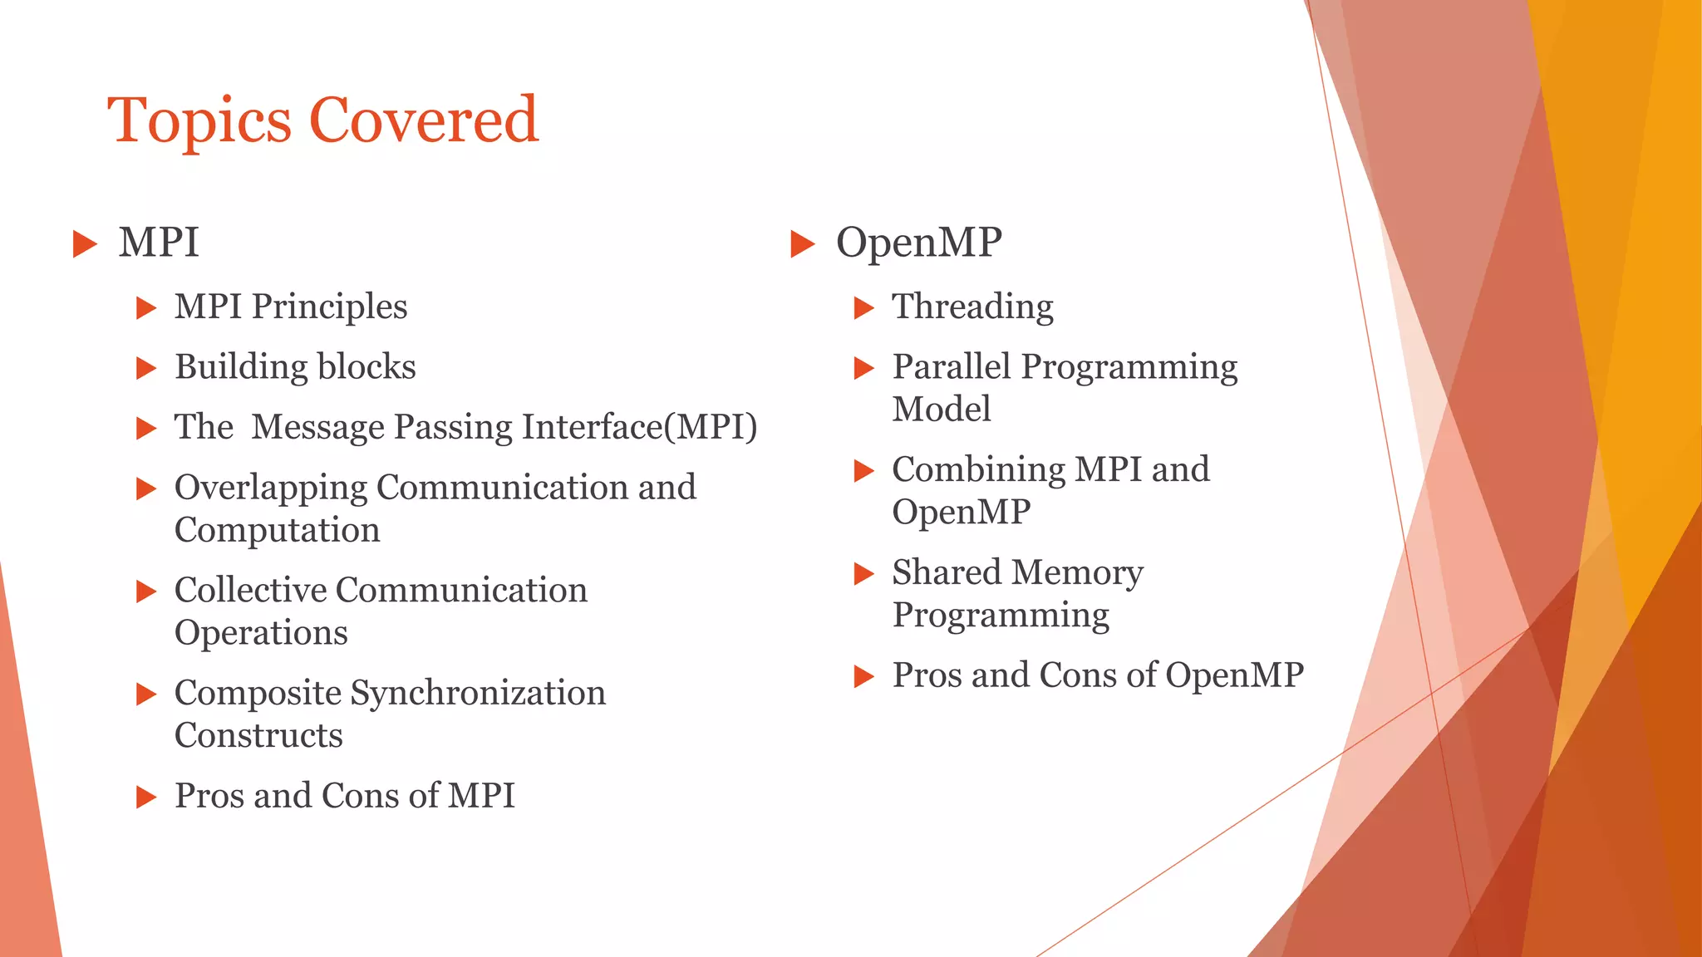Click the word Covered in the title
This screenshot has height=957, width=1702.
(424, 120)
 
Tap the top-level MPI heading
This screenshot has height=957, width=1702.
(159, 243)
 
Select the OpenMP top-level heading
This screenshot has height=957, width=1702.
(918, 243)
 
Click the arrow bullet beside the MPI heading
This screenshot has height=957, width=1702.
(85, 244)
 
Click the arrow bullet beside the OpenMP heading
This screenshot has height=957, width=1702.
(802, 244)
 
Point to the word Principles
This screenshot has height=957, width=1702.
(329, 307)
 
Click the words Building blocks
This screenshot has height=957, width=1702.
(295, 367)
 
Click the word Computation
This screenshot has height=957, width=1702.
(277, 530)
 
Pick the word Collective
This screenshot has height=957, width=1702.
(250, 591)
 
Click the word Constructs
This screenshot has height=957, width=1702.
(258, 736)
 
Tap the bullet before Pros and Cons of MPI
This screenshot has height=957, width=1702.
(146, 797)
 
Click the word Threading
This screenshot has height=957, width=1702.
(972, 307)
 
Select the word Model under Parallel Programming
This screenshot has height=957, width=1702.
(941, 410)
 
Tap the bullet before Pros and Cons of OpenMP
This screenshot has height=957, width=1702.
(864, 677)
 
